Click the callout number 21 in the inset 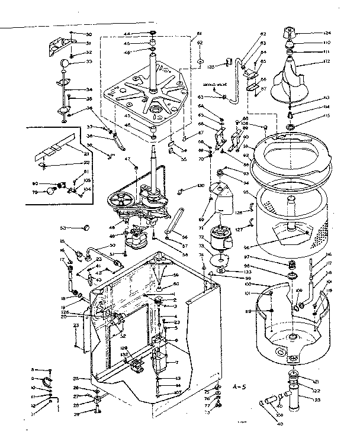[x=69, y=153]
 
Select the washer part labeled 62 [x=201, y=61]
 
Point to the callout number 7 [x=176, y=362]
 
